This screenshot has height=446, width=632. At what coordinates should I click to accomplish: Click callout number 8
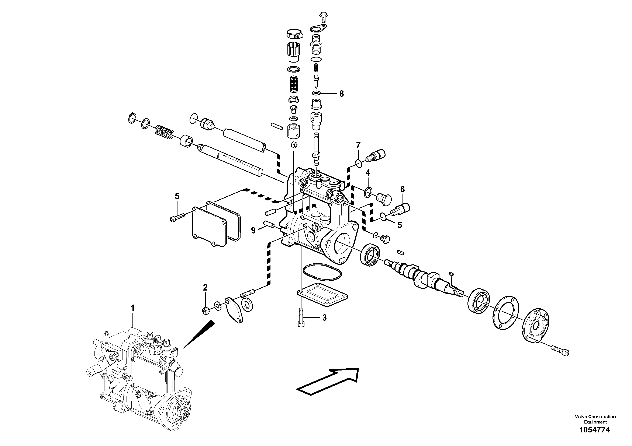tap(341, 94)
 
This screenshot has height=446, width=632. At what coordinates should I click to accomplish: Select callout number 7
tap(358, 145)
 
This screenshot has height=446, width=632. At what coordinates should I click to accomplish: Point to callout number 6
tap(403, 189)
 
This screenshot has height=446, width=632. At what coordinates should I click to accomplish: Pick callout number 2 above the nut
tap(205, 288)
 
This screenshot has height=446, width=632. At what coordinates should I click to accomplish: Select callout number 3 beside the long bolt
tap(324, 318)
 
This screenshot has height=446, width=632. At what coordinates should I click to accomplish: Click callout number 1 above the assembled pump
tap(132, 308)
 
